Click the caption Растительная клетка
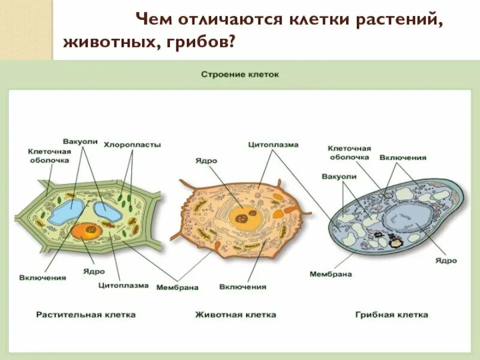coord(86,314)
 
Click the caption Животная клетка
coord(235,314)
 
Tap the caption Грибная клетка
coord(391,314)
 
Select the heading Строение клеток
coord(240,75)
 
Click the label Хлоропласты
coord(133,145)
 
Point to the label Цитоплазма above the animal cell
coord(273,145)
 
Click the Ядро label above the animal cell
coord(206,161)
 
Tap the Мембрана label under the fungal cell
coord(331,274)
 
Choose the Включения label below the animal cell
coord(242,287)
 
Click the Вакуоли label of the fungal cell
coord(339,177)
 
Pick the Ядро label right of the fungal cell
coord(446,261)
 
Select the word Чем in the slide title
coord(154,19)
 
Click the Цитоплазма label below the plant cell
coord(123,286)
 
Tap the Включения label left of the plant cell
coord(42,277)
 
